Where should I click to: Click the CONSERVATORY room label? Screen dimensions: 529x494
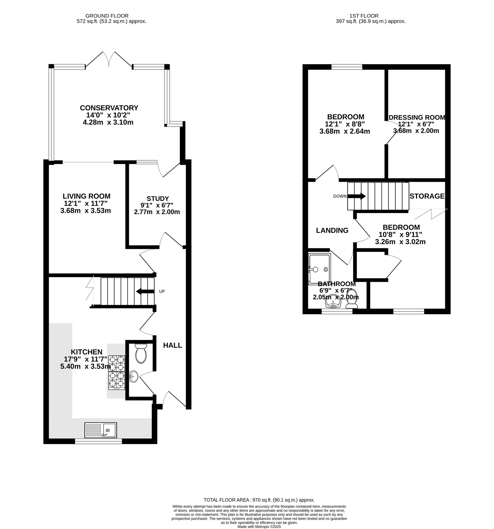pyautogui.click(x=109, y=108)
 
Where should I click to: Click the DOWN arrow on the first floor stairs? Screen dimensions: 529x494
pyautogui.click(x=356, y=196)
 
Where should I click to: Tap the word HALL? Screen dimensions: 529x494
pyautogui.click(x=172, y=346)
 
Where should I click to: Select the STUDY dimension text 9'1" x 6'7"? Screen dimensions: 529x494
pyautogui.click(x=157, y=205)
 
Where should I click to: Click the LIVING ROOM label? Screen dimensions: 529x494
pyautogui.click(x=86, y=196)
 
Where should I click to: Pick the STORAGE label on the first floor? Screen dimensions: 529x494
pyautogui.click(x=427, y=196)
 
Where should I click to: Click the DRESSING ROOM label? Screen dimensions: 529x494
pyautogui.click(x=417, y=117)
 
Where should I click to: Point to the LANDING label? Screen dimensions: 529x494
pyautogui.click(x=332, y=230)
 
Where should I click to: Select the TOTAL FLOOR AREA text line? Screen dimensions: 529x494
pyautogui.click(x=259, y=500)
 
